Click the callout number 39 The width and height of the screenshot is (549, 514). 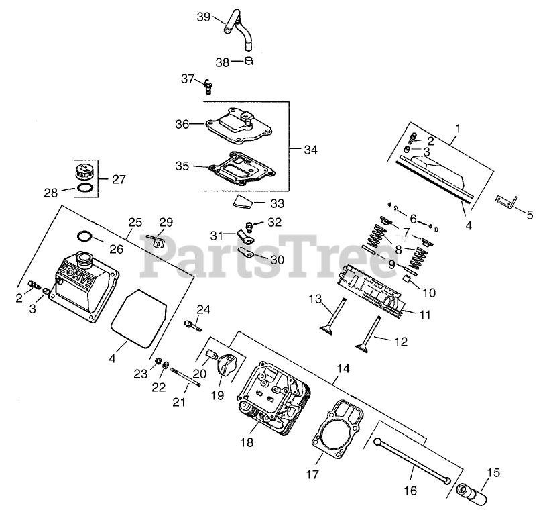[x=204, y=17]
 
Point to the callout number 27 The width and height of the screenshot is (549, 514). [x=119, y=179]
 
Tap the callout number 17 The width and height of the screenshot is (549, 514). [x=311, y=474]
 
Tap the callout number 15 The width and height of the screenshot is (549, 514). [x=493, y=474]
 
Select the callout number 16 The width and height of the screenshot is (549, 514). [x=410, y=491]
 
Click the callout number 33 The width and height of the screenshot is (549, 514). [x=277, y=203]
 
